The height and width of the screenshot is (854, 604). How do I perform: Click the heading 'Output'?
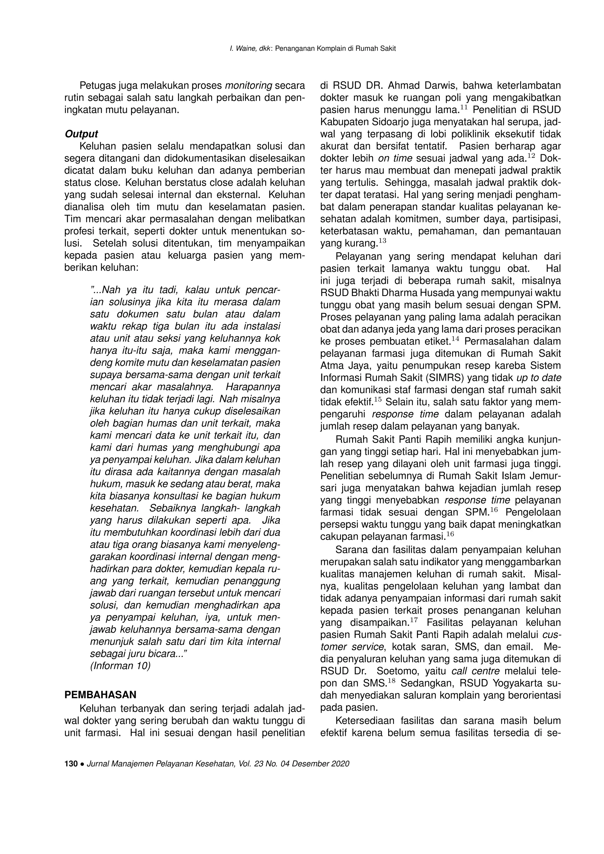pyautogui.click(x=81, y=134)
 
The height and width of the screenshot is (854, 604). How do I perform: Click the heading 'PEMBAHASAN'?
pyautogui.click(x=100, y=695)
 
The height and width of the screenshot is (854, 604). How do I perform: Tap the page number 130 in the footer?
pyautogui.click(x=70, y=764)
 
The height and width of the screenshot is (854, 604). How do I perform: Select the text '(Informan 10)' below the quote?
pyautogui.click(x=120, y=666)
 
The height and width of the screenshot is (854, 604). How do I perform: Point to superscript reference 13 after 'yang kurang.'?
pyautogui.click(x=382, y=241)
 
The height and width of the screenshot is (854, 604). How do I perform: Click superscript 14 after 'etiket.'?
pyautogui.click(x=456, y=339)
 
